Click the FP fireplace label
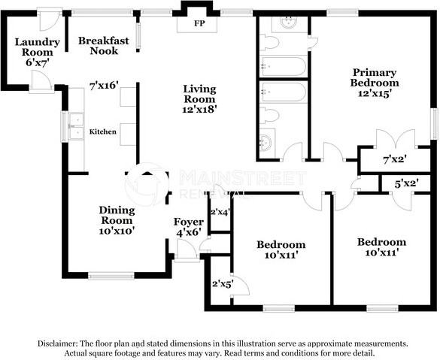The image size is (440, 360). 199,23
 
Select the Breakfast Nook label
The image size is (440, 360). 104,46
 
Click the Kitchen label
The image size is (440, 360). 103,132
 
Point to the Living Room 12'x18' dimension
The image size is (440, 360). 199,110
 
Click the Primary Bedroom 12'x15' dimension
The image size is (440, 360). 375,93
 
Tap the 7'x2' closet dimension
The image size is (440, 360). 395,160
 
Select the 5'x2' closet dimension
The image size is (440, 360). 407,184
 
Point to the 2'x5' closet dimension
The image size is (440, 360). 223,284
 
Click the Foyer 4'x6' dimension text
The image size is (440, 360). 189,232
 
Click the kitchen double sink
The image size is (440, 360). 76,126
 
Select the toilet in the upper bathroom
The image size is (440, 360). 269,43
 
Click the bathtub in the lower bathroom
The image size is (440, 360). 283,92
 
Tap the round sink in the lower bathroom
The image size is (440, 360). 266,143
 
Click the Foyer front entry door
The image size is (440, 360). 187,250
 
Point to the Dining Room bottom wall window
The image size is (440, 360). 111,276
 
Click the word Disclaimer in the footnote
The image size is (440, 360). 57,343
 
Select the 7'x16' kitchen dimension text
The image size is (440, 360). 104,85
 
